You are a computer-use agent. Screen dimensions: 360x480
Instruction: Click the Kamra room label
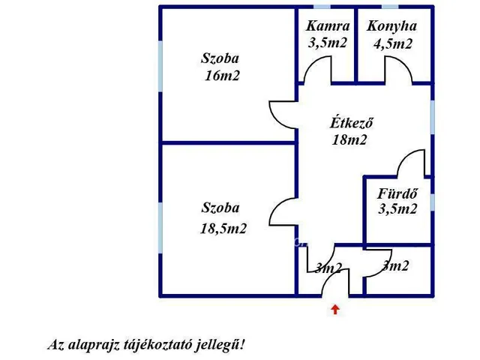tap(327, 26)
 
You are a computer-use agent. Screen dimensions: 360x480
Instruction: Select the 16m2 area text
tap(221, 75)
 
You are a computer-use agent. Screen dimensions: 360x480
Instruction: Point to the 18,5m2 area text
tap(223, 229)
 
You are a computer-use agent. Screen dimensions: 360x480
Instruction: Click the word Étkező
tap(352, 123)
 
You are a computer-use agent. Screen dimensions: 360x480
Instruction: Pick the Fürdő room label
tap(397, 193)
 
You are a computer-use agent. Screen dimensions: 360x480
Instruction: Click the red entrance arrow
tap(334, 308)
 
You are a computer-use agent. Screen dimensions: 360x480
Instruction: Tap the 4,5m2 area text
tap(393, 43)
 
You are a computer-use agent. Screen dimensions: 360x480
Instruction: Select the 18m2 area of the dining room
tap(349, 139)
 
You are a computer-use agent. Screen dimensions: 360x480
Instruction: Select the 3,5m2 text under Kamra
tap(327, 43)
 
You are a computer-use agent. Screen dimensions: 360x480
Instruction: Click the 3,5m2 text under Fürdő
tap(397, 209)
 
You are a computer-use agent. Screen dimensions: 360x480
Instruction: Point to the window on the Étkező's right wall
tap(433, 112)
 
